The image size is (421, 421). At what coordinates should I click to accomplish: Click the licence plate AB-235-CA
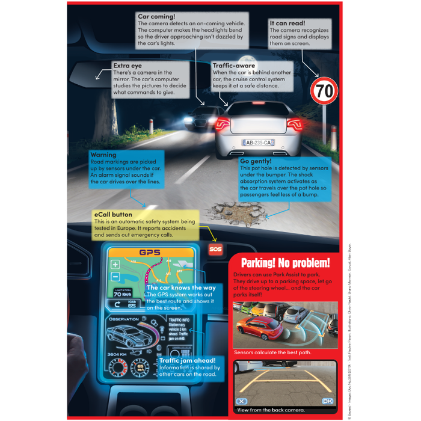pyautogui.click(x=258, y=143)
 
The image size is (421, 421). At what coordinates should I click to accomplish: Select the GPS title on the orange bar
pyautogui.click(x=150, y=253)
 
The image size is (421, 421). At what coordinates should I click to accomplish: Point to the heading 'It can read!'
pyautogui.click(x=287, y=22)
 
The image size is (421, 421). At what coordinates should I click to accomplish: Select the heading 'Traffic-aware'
pyautogui.click(x=233, y=65)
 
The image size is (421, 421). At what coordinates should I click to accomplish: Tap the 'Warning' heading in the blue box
pyautogui.click(x=103, y=155)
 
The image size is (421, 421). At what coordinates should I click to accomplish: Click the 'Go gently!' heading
pyautogui.click(x=257, y=161)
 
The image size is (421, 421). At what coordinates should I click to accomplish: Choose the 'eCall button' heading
pyautogui.click(x=113, y=214)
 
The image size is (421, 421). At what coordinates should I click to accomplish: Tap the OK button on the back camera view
pyautogui.click(x=328, y=401)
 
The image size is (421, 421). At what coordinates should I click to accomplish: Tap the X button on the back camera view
pyautogui.click(x=242, y=401)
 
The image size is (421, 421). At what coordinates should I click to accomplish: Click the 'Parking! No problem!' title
pyautogui.click(x=285, y=263)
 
